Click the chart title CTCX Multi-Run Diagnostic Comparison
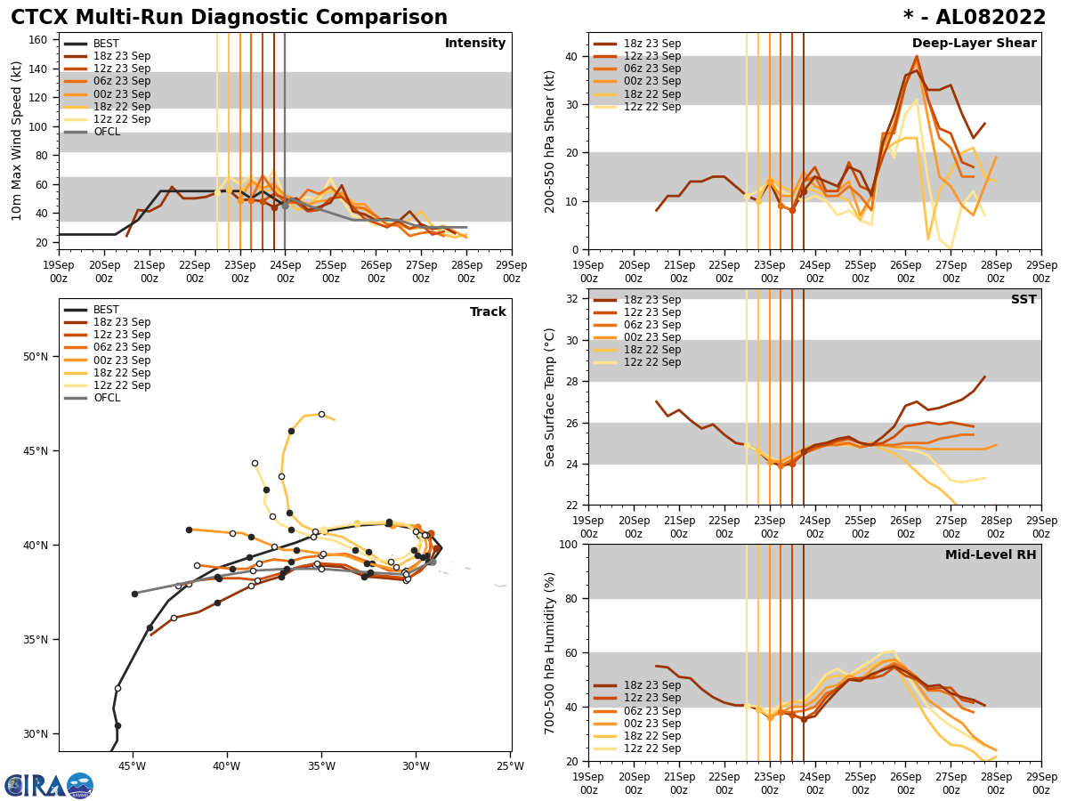pyautogui.click(x=229, y=18)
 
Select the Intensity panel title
pyautogui.click(x=475, y=44)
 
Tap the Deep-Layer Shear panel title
pyautogui.click(x=974, y=44)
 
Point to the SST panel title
pyautogui.click(x=1023, y=300)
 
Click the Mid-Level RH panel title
pyautogui.click(x=991, y=555)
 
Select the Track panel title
pyautogui.click(x=488, y=312)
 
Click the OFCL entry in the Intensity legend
pyautogui.click(x=107, y=132)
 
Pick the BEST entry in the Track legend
pyautogui.click(x=107, y=310)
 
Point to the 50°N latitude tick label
pyautogui.click(x=36, y=357)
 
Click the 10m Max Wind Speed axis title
pyautogui.click(x=17, y=141)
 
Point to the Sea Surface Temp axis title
pyautogui.click(x=551, y=397)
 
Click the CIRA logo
pyautogui.click(x=48, y=786)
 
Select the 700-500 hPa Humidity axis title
pyautogui.click(x=551, y=652)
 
